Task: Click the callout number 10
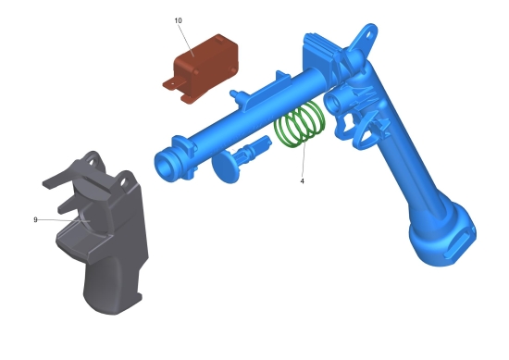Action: click(178, 20)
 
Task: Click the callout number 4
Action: click(303, 181)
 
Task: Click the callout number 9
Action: click(35, 219)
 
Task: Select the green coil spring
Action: click(299, 124)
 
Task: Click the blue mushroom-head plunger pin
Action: click(240, 158)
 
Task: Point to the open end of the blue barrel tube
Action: click(167, 167)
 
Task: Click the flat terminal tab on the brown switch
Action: click(171, 85)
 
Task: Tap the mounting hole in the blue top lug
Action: click(368, 33)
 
